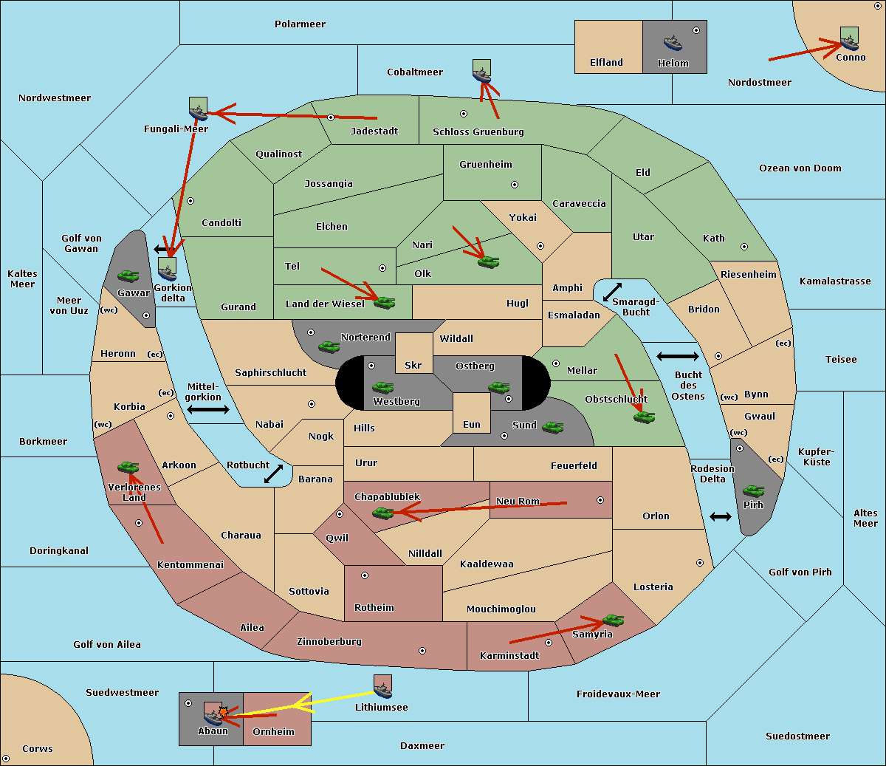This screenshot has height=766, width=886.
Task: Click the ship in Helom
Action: tap(673, 43)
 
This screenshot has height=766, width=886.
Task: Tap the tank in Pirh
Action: tap(753, 490)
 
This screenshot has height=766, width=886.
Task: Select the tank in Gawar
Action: tap(128, 276)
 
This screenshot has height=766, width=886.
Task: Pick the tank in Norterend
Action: tap(329, 346)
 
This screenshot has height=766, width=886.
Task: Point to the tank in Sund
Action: tap(552, 427)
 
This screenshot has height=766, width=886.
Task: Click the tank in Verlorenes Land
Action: tap(128, 467)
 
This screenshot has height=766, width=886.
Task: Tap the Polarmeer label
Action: tap(300, 24)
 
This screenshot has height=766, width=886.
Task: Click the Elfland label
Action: tap(606, 63)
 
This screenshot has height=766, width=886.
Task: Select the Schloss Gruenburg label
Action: tap(478, 131)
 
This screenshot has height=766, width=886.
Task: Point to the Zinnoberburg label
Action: tap(329, 642)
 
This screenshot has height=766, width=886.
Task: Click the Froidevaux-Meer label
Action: tap(618, 694)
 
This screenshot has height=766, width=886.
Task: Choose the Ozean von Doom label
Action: tap(800, 168)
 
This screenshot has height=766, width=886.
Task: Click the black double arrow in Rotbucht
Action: tap(273, 473)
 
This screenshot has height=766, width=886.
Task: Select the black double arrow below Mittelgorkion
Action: tap(208, 409)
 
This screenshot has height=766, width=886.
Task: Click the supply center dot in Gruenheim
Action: tap(515, 185)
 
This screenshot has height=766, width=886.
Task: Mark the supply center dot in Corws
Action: tap(6, 759)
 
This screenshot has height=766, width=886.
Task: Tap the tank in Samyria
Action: tap(613, 620)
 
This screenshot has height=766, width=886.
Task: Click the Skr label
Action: tap(413, 366)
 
